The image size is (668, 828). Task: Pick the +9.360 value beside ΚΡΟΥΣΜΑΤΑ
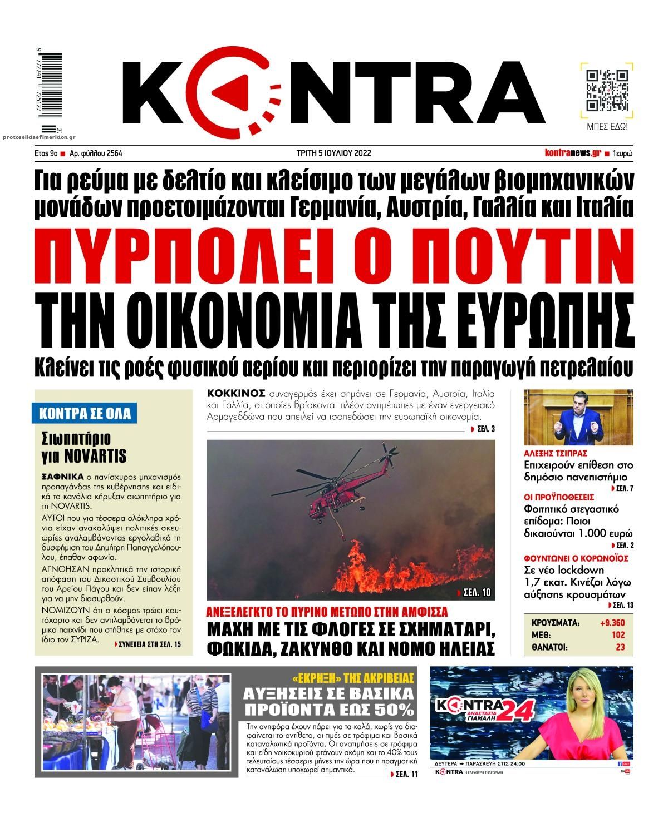pyautogui.click(x=612, y=622)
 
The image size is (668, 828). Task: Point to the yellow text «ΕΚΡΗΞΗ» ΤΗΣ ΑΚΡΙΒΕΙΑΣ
pyautogui.click(x=353, y=678)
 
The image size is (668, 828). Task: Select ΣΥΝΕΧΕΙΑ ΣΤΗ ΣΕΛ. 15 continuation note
pyautogui.click(x=148, y=644)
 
